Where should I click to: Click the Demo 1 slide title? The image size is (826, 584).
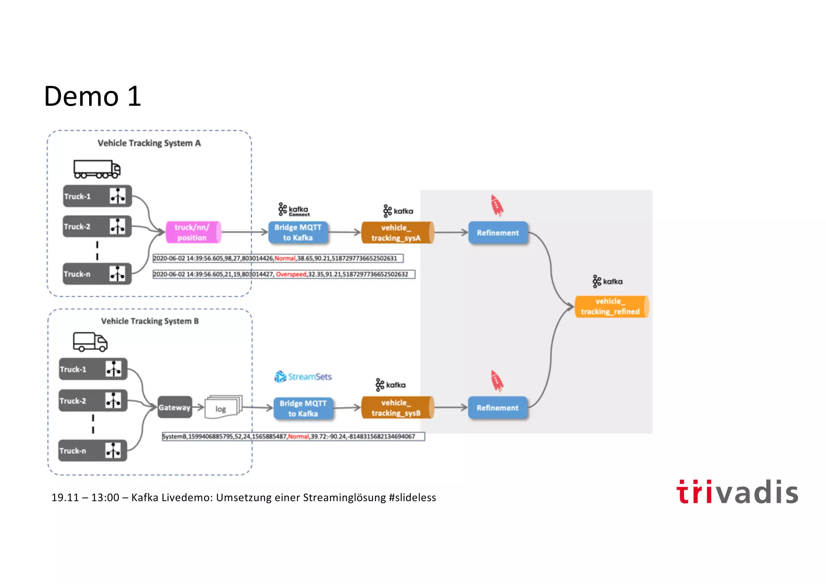pyautogui.click(x=92, y=96)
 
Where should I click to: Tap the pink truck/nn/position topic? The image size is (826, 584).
pyautogui.click(x=193, y=232)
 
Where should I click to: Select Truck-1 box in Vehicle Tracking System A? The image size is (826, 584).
pyautogui.click(x=97, y=196)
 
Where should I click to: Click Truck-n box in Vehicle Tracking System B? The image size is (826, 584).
pyautogui.click(x=93, y=450)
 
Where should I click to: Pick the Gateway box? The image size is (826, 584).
pyautogui.click(x=174, y=407)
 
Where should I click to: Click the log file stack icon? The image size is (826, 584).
pyautogui.click(x=223, y=407)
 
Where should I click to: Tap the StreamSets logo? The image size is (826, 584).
pyautogui.click(x=303, y=377)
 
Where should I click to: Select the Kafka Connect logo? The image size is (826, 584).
pyautogui.click(x=294, y=210)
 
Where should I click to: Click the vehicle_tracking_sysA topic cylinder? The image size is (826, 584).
pyautogui.click(x=397, y=233)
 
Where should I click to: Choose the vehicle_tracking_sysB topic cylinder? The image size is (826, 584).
pyautogui.click(x=397, y=408)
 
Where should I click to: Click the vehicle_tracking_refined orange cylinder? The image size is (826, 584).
pyautogui.click(x=611, y=307)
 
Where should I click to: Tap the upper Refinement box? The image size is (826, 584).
pyautogui.click(x=498, y=233)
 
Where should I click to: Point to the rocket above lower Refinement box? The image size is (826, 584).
pyautogui.click(x=497, y=381)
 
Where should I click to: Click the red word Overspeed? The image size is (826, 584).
pyautogui.click(x=291, y=274)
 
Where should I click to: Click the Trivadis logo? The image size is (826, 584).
pyautogui.click(x=737, y=492)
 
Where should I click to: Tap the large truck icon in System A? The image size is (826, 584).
pyautogui.click(x=97, y=170)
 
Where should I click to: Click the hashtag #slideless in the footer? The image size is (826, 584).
pyautogui.click(x=412, y=498)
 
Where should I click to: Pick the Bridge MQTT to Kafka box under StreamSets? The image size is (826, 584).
pyautogui.click(x=303, y=408)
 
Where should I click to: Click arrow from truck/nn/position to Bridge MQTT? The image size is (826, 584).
pyautogui.click(x=244, y=232)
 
